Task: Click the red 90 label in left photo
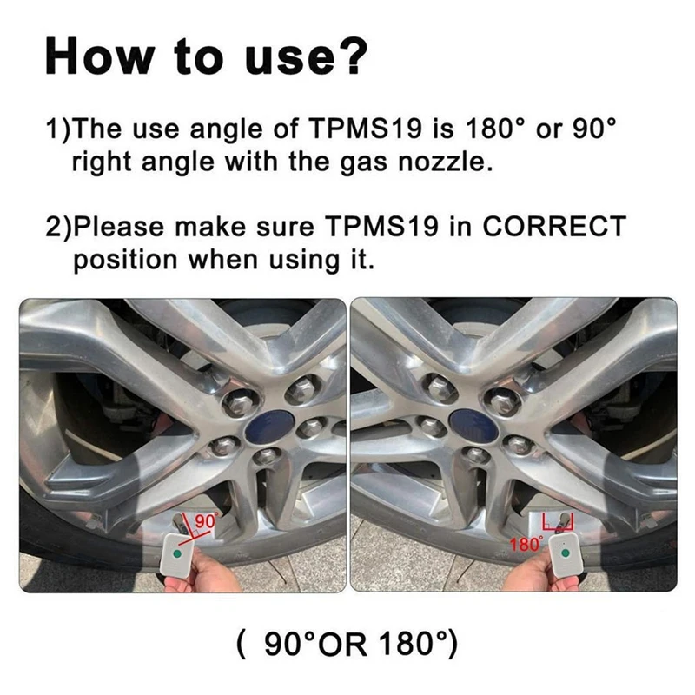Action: (206, 521)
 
